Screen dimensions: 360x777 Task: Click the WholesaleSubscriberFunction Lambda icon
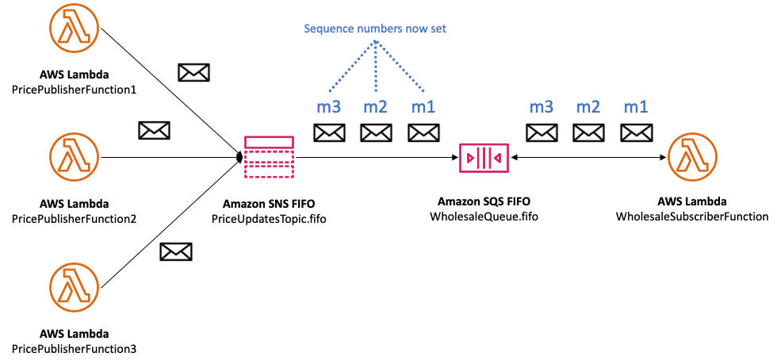692,157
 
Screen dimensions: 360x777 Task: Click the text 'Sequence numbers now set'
375,29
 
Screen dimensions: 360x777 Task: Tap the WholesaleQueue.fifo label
484,216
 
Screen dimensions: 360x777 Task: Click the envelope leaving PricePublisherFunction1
193,73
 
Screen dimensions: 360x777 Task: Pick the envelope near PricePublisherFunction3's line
175,252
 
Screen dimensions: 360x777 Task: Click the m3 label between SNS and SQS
328,105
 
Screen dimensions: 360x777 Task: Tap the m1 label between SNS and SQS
422,105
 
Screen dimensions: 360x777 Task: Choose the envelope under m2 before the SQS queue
376,132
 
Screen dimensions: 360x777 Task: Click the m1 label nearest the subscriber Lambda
636,105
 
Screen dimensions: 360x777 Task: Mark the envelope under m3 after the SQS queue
542,132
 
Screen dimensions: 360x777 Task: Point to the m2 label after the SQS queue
588,105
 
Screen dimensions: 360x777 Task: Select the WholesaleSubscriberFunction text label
692,216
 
